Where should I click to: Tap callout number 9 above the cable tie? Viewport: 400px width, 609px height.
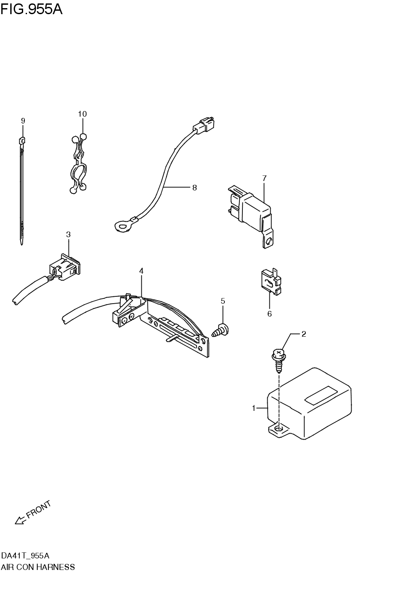pos(23,121)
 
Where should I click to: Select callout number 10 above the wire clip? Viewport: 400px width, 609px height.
pos(82,114)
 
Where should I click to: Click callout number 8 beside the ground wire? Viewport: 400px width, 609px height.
pos(194,187)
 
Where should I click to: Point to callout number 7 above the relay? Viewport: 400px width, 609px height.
pos(264,178)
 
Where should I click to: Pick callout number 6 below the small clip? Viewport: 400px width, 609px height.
pos(269,314)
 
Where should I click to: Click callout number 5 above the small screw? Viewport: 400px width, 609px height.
pos(223,301)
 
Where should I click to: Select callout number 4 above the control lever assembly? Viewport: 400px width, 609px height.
pos(141,271)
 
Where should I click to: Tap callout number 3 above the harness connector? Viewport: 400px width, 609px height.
pos(68,234)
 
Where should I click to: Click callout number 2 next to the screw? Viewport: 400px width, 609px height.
pos(304,334)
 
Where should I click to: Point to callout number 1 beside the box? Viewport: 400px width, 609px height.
pos(254,408)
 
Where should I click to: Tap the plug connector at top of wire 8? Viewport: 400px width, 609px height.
pos(205,124)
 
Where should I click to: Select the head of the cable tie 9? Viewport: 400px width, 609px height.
pos(22,140)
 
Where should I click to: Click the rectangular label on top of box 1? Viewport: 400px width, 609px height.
pos(321,394)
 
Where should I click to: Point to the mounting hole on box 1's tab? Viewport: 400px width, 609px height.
pos(279,428)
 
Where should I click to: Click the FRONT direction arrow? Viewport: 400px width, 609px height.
pos(20,520)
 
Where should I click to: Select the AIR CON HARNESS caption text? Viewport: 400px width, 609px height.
pos(38,567)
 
